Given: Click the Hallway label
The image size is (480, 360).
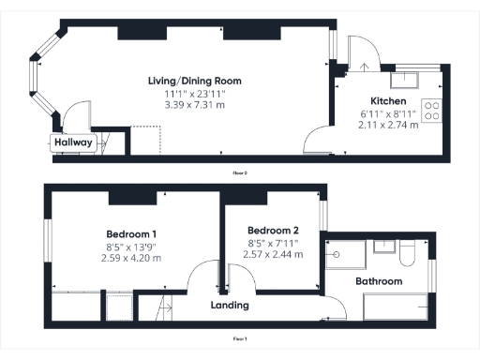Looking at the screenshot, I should coord(72,143).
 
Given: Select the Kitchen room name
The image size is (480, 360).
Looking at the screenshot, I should coord(388,100).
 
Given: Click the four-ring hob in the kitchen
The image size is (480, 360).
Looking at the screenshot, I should coord(432,111).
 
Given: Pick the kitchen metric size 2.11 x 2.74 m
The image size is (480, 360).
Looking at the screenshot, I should coord(388,125).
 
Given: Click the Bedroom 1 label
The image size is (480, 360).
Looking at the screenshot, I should coord(130,233).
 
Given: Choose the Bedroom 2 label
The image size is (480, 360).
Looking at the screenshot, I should coord(273,231).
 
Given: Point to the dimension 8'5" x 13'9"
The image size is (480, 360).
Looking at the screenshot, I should coord(130,246).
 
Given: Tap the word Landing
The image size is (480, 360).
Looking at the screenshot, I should coord(230,305).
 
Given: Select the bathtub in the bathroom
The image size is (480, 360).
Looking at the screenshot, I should coord(395,307).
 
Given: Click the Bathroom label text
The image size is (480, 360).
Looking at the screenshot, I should coord(379,281).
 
